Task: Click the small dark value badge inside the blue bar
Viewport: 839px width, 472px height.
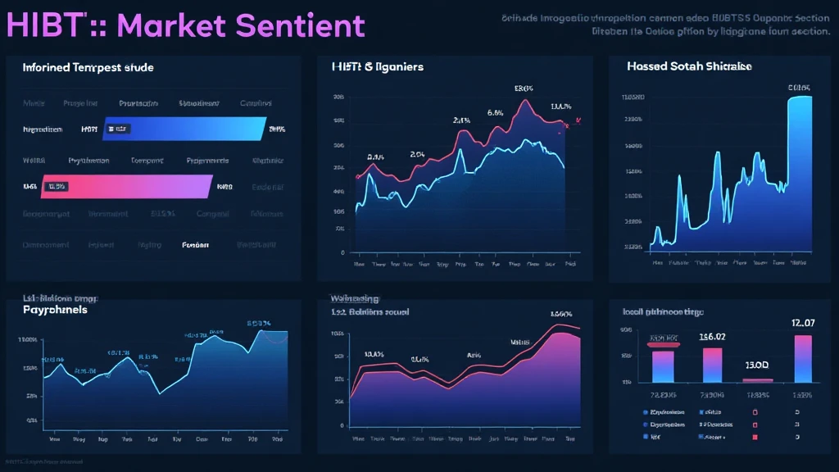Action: [x=118, y=129]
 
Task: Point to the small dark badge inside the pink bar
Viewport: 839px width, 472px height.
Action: [x=57, y=187]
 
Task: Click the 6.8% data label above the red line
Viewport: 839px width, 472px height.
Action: [x=495, y=113]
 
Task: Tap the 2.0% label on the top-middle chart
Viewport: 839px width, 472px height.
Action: [x=417, y=153]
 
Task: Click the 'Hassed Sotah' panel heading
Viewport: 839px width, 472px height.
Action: [x=689, y=66]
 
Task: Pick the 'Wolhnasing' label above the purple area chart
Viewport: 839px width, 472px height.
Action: [x=353, y=297]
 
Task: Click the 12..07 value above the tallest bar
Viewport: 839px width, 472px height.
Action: [x=803, y=323]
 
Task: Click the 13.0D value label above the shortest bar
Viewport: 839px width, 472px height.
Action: [x=756, y=364]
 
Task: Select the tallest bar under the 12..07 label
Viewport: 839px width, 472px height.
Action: [x=803, y=358]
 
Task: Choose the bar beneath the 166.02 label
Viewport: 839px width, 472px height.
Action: [x=713, y=365]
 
